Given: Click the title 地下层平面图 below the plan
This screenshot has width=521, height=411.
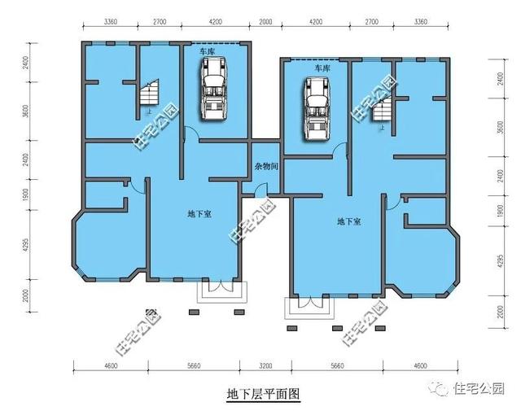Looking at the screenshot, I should pos(263,395).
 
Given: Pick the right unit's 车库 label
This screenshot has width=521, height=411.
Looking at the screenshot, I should pos(322,69).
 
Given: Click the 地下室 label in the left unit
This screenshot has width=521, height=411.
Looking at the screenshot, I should pos(199,215).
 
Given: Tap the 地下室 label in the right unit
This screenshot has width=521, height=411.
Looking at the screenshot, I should pos(349,221).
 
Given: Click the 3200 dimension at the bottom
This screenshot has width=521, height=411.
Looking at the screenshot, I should pos(265,367).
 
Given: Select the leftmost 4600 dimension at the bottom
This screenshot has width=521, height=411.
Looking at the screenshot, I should pos(112,367).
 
